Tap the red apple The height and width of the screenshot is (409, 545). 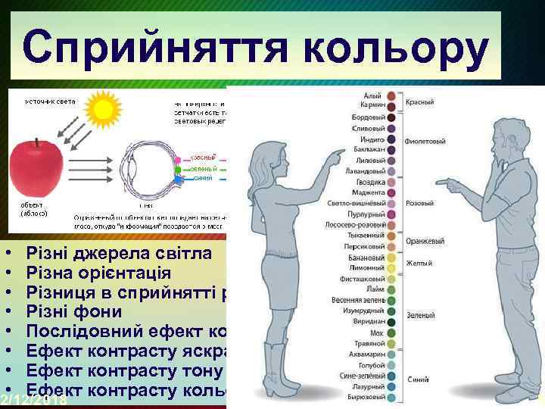click(36, 173)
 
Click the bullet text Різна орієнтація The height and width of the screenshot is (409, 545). click(98, 272)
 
